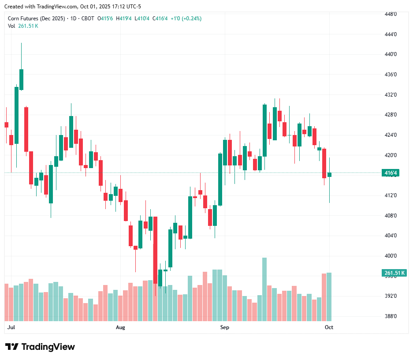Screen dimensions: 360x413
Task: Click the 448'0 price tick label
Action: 391,14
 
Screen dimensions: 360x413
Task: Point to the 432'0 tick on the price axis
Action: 391,95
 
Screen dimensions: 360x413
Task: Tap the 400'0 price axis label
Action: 391,256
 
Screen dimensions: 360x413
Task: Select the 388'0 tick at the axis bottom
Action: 391,316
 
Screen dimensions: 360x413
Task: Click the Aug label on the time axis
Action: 120,327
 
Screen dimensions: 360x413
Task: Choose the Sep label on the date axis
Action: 225,327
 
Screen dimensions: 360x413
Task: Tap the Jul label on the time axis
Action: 11,327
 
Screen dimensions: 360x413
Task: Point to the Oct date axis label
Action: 329,327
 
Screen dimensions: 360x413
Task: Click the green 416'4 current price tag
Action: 391,173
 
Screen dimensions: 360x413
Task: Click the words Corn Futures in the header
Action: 22,19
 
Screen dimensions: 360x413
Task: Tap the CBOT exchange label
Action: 88,19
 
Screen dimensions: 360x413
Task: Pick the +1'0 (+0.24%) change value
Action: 186,19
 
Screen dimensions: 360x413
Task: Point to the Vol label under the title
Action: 11,26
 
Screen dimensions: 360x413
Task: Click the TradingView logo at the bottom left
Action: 40,347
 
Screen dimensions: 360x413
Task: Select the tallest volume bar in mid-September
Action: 264,289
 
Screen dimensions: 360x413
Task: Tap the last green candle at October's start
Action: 329,175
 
